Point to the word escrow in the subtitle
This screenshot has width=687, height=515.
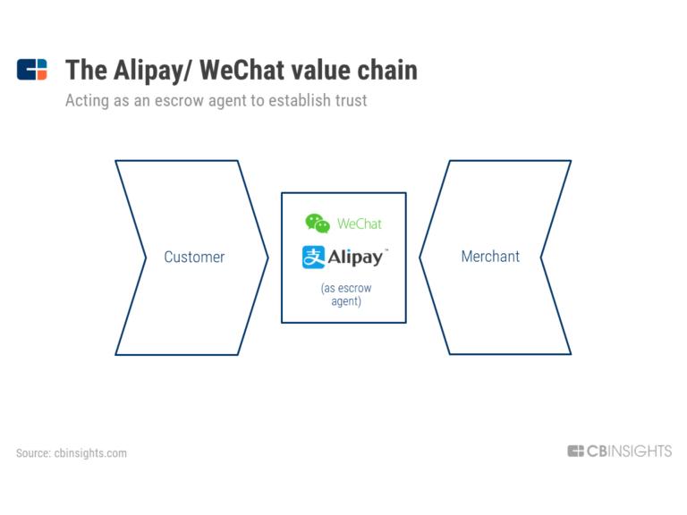coord(179,100)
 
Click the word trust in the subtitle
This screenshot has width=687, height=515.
coord(351,100)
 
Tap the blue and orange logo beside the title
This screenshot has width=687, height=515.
coord(31,69)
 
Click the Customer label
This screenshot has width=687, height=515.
coord(194,257)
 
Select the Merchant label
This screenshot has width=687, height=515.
coord(490,257)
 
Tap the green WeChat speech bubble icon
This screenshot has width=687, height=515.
coord(318,224)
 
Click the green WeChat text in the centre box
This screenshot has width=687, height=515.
coord(360,224)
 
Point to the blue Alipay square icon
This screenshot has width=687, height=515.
coord(313,257)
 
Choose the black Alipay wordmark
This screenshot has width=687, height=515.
coord(357,257)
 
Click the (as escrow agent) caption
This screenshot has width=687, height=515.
coord(346,294)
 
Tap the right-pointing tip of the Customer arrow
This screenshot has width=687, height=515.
coord(267,257)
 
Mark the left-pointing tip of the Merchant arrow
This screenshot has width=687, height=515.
coord(420,257)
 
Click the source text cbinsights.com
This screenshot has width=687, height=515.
coord(90,452)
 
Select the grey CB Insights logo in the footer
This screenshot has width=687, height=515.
coord(620,451)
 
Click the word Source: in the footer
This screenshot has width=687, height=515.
coord(33,452)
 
